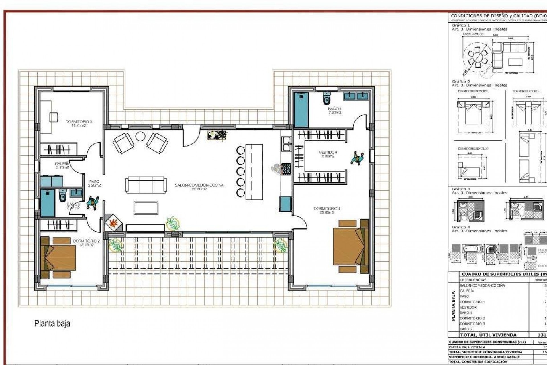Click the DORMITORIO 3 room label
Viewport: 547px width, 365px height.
(x=79, y=123)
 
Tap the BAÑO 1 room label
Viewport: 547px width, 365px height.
(x=334, y=111)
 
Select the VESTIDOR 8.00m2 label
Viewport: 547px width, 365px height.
(x=328, y=154)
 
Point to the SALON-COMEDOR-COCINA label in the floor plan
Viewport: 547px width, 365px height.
(x=199, y=187)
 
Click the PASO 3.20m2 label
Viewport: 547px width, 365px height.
(x=94, y=183)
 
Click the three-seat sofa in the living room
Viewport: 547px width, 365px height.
(x=146, y=185)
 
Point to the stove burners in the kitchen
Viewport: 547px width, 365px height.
(x=286, y=169)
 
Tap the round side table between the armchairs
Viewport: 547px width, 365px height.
(x=140, y=136)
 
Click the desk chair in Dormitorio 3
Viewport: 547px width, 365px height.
(x=54, y=117)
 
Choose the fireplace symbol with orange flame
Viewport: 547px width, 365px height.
(x=114, y=223)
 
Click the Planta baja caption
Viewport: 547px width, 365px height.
(x=52, y=323)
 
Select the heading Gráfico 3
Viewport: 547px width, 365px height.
(x=461, y=189)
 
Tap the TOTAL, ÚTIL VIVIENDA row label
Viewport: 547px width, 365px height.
(x=488, y=335)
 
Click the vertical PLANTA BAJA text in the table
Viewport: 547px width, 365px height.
(x=454, y=305)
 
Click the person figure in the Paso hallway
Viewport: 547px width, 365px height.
(x=93, y=203)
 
